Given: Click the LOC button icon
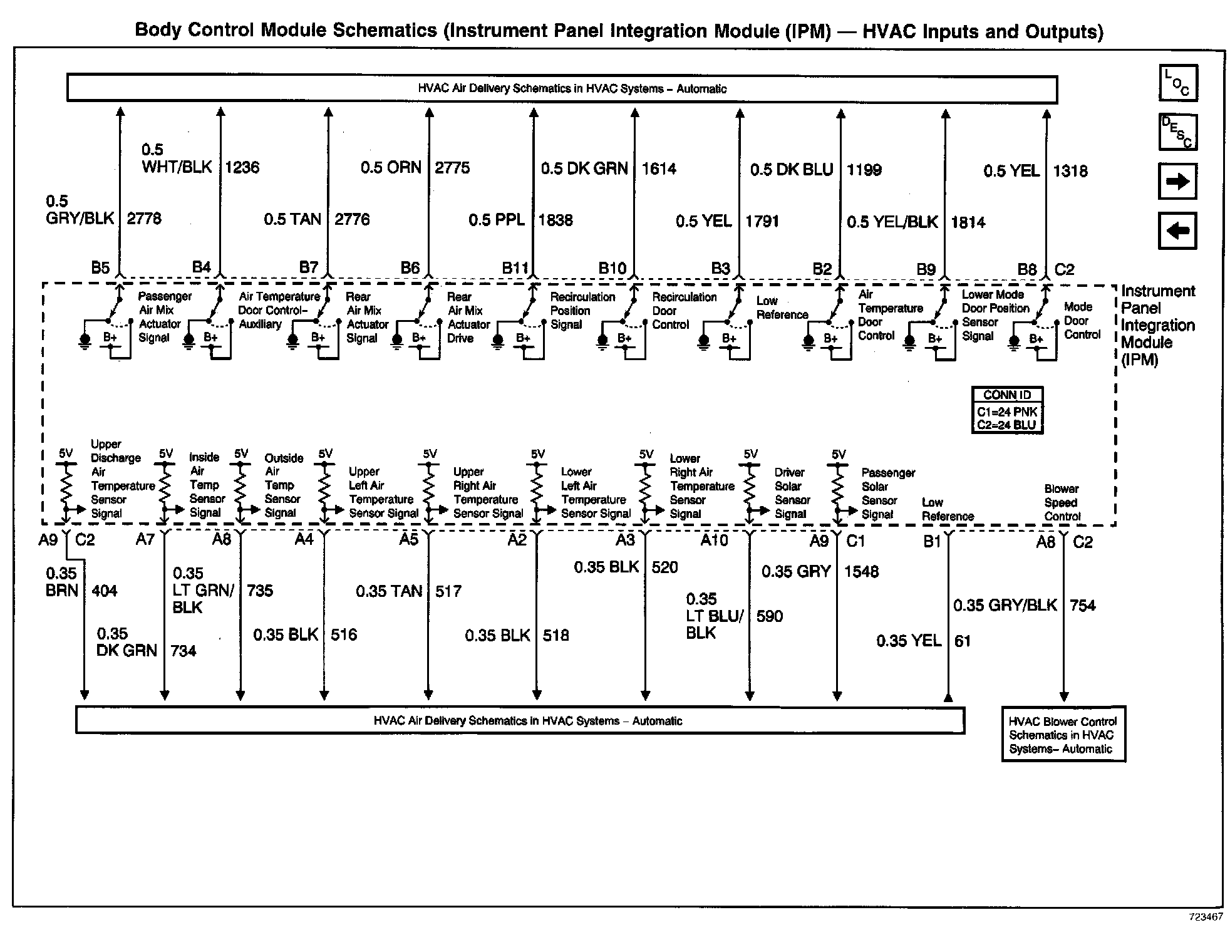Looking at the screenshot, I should tap(1178, 83).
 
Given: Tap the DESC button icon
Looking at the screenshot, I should tap(1177, 132).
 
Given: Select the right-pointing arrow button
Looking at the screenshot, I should tap(1177, 182).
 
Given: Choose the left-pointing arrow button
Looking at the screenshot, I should tap(1177, 230).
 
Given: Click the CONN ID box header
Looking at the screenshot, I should tap(1007, 395).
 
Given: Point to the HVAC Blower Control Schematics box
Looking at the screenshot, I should tap(1063, 735).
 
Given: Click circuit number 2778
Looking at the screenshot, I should tap(144, 219).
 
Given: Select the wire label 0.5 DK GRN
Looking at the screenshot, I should tap(584, 168).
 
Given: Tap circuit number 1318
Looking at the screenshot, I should tap(1070, 171).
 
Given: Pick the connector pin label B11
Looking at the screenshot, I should tap(515, 269).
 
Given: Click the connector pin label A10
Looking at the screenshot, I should tap(714, 540).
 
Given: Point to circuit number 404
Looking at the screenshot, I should tap(104, 591).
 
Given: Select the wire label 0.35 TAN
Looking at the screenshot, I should tap(389, 591).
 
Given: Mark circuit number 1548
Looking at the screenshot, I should tap(861, 571).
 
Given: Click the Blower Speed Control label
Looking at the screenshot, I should tap(1062, 502).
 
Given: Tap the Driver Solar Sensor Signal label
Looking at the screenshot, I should tap(792, 493).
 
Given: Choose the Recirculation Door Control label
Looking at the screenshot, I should tap(684, 311).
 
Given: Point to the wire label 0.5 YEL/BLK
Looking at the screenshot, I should tap(892, 222).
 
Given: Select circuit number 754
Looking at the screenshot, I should tap(1083, 606).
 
